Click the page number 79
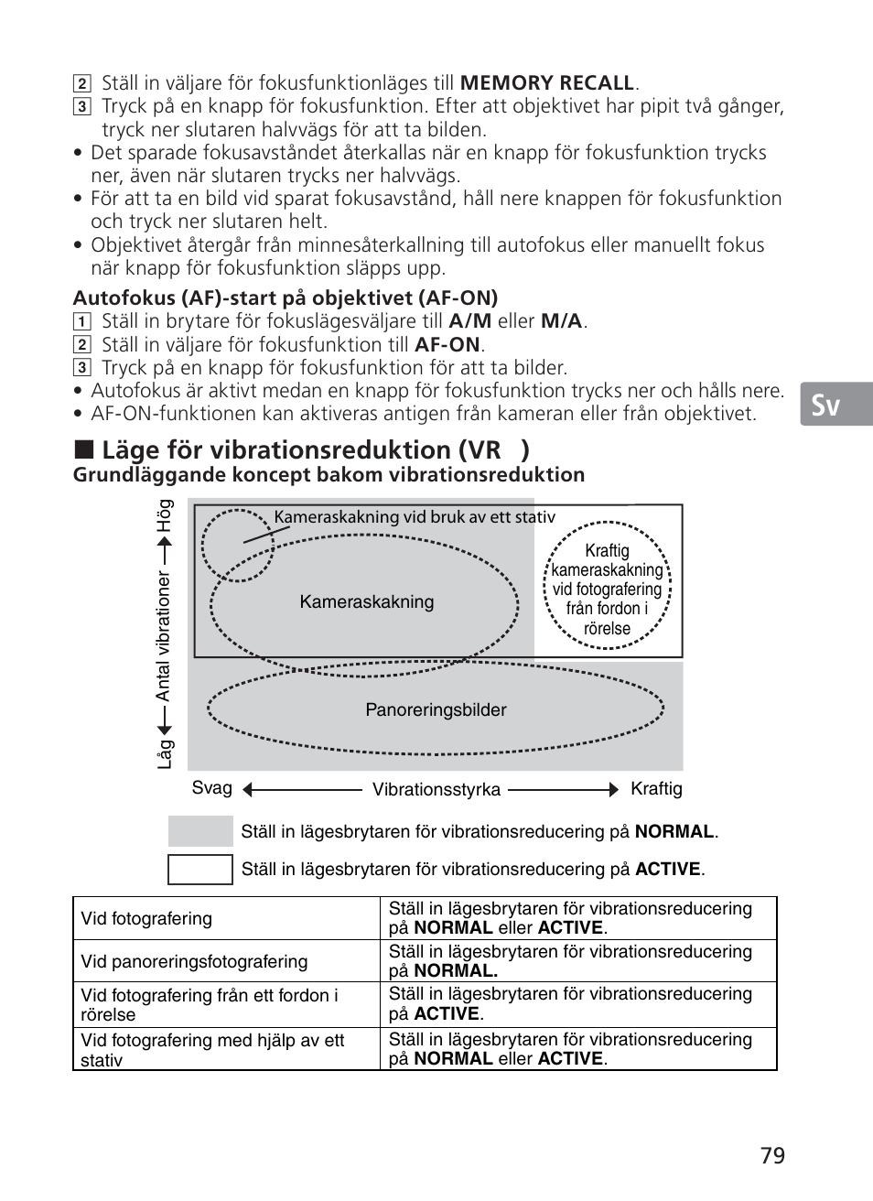[771, 1155]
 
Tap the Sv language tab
[825, 404]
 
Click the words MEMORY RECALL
[546, 82]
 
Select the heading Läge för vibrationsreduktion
[302, 449]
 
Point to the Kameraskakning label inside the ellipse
[367, 601]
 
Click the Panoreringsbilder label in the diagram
[436, 709]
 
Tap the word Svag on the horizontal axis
[211, 788]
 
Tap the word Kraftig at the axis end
[656, 788]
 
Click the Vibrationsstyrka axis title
[436, 789]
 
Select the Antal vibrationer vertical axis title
[163, 636]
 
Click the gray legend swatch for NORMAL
[200, 831]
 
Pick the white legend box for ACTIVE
[200, 869]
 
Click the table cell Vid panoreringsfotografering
[194, 961]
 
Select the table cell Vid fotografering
[146, 918]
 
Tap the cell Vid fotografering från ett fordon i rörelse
[210, 1004]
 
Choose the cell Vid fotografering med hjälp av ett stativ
[212, 1050]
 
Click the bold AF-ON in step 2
[447, 344]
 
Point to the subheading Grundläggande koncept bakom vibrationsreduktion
[329, 474]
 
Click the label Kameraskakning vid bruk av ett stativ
[415, 517]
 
